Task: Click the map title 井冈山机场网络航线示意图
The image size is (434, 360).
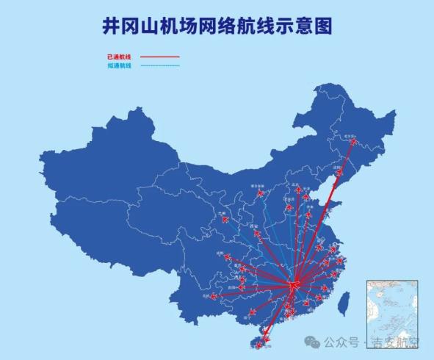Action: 217,26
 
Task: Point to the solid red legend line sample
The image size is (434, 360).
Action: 159,57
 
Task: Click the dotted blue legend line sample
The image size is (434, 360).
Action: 159,66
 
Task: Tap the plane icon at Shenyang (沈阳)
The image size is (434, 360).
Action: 338,172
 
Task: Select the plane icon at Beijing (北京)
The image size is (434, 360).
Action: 299,190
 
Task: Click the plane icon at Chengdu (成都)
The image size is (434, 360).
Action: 226,257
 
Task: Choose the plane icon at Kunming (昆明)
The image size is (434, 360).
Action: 213,297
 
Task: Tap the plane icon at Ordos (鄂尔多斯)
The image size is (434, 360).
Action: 258,195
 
